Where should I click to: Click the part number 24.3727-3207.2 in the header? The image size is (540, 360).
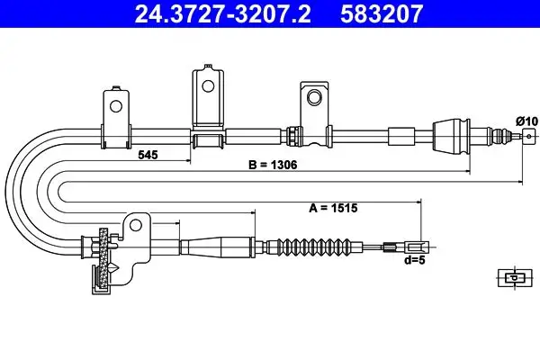tap(222, 14)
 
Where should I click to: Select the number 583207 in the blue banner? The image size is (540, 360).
tap(382, 14)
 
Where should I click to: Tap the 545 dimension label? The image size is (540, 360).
tap(148, 155)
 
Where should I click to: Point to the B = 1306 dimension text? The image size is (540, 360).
tap(273, 165)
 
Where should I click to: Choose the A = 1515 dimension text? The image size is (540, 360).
tap(333, 208)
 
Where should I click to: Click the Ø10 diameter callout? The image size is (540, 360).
tap(526, 121)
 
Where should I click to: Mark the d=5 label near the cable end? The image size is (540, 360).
tap(415, 260)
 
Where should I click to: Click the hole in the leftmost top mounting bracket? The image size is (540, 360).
tap(116, 106)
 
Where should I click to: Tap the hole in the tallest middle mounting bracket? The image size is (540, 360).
tap(208, 86)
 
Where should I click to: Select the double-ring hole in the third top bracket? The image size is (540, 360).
tap(314, 97)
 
